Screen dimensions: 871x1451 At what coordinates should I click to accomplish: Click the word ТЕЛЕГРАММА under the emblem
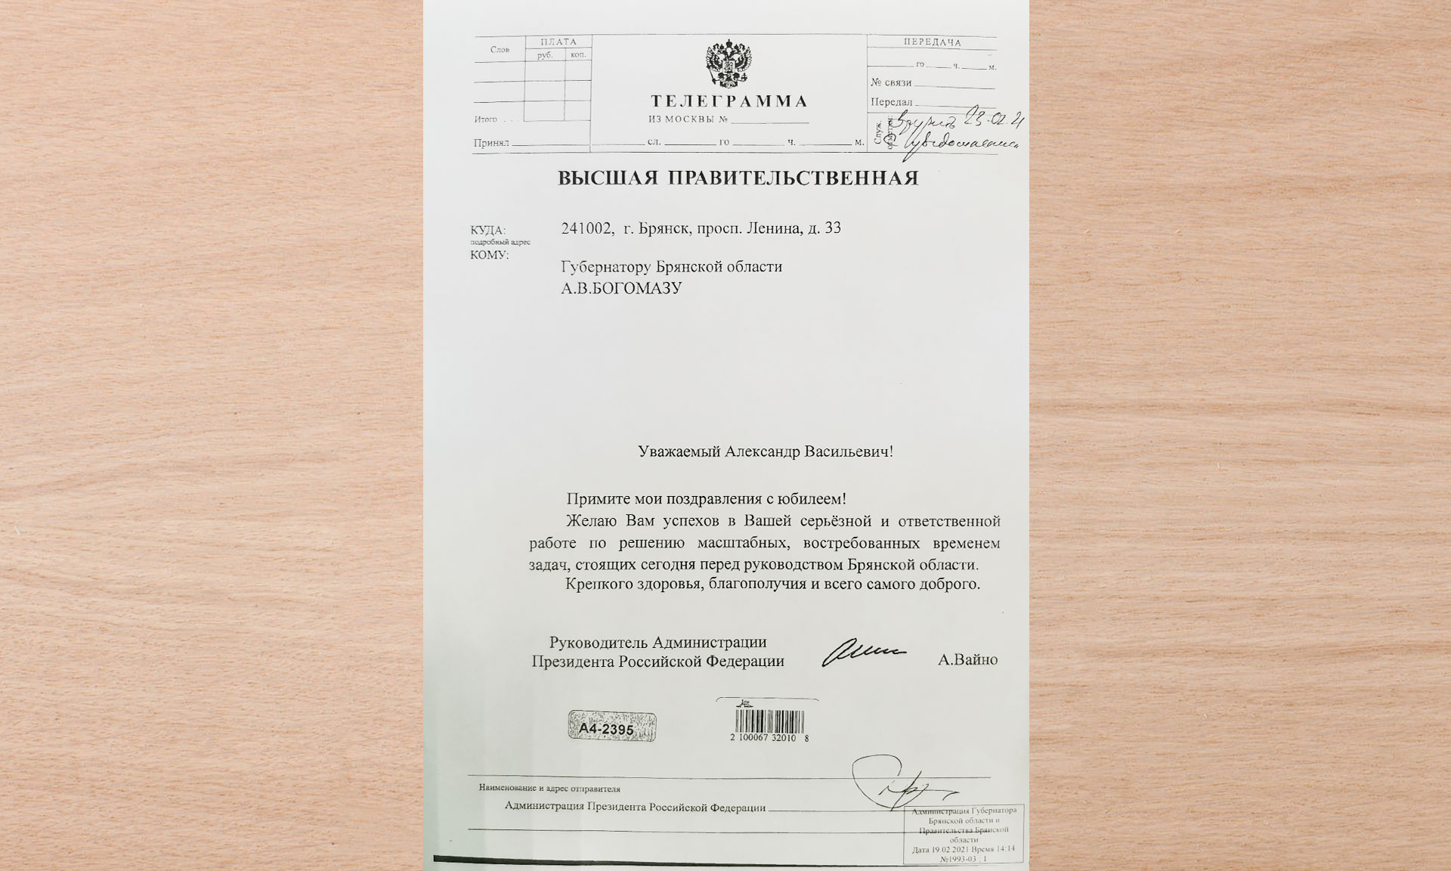pyautogui.click(x=729, y=101)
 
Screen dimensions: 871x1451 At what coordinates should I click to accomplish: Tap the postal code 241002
pyautogui.click(x=587, y=228)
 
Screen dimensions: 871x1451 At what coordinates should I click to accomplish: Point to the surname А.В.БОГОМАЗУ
pyautogui.click(x=621, y=289)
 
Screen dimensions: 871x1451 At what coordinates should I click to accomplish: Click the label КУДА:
pyautogui.click(x=487, y=230)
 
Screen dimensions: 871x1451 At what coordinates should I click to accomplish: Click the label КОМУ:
pyautogui.click(x=489, y=255)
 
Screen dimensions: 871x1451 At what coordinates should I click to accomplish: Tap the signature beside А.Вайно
pyautogui.click(x=862, y=655)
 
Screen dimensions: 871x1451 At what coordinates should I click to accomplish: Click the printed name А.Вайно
pyautogui.click(x=967, y=660)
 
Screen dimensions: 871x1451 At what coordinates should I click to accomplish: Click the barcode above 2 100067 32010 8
pyautogui.click(x=766, y=719)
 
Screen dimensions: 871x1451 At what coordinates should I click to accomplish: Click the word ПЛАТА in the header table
pyautogui.click(x=558, y=42)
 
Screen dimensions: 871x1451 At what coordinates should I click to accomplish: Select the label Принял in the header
pyautogui.click(x=491, y=143)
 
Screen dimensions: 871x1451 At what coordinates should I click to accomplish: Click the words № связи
pyautogui.click(x=891, y=82)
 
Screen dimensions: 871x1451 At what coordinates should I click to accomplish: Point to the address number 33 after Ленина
pyautogui.click(x=832, y=228)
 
